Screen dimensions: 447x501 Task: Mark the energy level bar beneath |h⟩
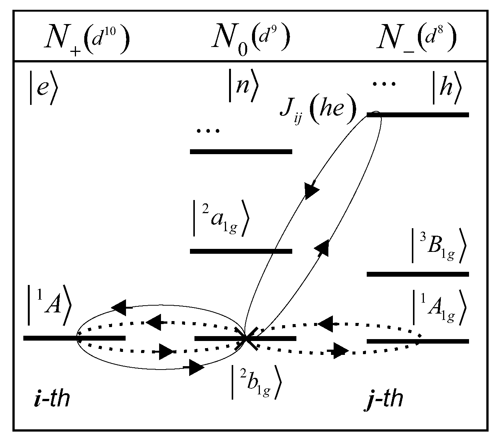pos(417,115)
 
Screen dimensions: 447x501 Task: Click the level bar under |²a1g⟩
pos(241,251)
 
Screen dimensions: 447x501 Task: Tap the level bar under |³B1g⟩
pos(417,274)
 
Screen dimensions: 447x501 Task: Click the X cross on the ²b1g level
pos(246,338)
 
